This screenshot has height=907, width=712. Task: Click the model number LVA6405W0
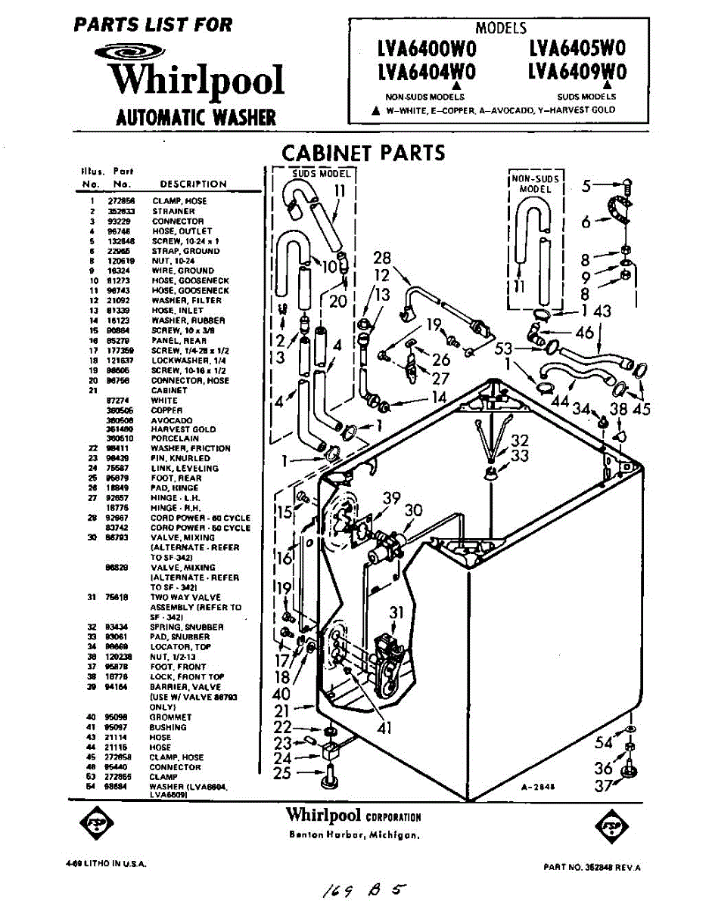[x=577, y=50]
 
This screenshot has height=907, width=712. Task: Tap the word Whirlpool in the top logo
[x=195, y=81]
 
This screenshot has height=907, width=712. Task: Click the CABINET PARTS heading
[x=364, y=153]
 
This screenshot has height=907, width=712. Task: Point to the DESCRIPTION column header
[x=193, y=184]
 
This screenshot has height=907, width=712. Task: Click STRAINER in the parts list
[x=173, y=212]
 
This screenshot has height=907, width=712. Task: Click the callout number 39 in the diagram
[x=390, y=498]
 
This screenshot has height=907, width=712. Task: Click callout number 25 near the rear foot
[x=282, y=772]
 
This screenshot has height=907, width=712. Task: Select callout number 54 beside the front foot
[x=603, y=743]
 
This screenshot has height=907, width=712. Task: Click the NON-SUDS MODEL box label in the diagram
[x=535, y=184]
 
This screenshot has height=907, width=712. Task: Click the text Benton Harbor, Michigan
[x=355, y=835]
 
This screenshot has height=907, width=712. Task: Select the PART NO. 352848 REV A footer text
[x=592, y=868]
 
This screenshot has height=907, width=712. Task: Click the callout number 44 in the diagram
[x=561, y=401]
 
